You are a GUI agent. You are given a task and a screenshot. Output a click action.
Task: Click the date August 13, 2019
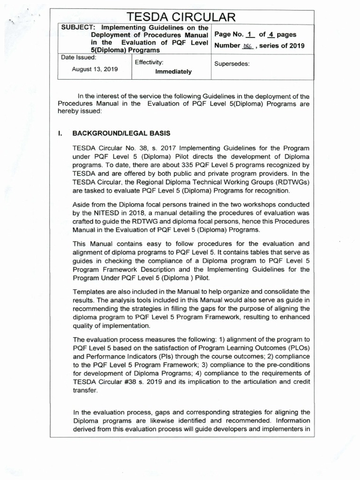pyautogui.click(x=95, y=68)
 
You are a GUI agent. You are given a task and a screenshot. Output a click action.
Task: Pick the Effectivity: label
pyautogui.click(x=149, y=62)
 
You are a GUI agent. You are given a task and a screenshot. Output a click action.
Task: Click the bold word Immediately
pyautogui.click(x=173, y=72)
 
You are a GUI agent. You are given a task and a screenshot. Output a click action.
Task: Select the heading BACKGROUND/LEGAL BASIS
pyautogui.click(x=121, y=133)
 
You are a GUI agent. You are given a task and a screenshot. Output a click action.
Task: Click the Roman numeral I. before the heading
pyautogui.click(x=60, y=133)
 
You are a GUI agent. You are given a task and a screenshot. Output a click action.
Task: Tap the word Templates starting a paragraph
pyautogui.click(x=89, y=292)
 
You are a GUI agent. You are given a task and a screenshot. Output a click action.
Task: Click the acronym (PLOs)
pyautogui.click(x=295, y=347)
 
